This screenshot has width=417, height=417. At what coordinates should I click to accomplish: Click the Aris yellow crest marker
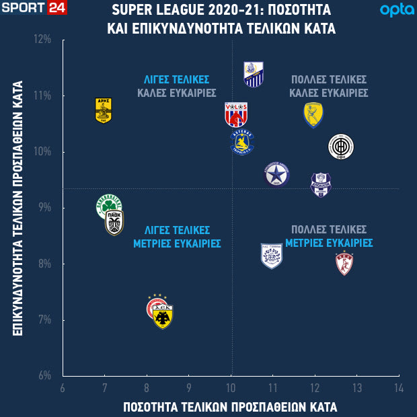click(103, 111)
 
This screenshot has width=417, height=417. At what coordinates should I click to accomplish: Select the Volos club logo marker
click(236, 115)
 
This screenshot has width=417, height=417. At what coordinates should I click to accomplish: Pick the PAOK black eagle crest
click(114, 223)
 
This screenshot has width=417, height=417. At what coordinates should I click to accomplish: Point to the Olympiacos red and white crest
click(157, 307)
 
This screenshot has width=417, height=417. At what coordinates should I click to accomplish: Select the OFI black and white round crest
click(340, 146)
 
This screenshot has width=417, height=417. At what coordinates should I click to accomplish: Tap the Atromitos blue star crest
click(276, 174)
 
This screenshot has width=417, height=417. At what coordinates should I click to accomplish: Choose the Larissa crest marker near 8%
click(344, 263)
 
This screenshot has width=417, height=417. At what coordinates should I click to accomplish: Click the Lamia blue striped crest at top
click(253, 74)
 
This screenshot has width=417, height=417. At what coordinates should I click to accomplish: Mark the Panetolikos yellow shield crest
click(313, 115)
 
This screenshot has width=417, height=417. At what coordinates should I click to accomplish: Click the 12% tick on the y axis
click(43, 39)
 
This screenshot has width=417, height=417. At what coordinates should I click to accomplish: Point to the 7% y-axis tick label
click(44, 319)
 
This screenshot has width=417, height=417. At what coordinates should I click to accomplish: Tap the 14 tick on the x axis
click(398, 388)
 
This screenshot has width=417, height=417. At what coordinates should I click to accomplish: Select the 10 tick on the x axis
click(231, 388)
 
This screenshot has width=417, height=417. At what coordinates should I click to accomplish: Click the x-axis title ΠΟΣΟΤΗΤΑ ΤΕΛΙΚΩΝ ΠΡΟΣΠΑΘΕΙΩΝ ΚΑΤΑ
click(230, 407)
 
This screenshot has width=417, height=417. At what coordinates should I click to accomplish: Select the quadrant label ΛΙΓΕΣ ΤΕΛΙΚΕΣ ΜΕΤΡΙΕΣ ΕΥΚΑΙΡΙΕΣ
click(177, 236)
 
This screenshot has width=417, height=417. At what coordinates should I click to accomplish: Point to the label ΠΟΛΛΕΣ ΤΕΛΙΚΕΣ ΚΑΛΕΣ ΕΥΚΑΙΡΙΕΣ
click(328, 85)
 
